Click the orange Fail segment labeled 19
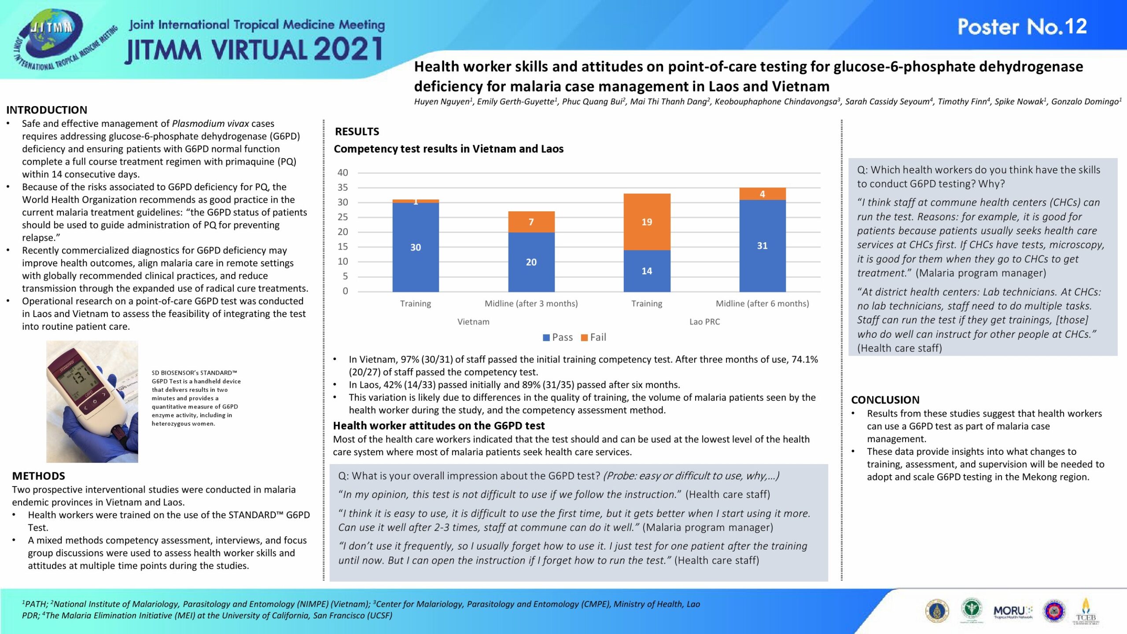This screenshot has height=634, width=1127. pyautogui.click(x=647, y=221)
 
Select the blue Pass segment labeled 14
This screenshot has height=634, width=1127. pyautogui.click(x=647, y=271)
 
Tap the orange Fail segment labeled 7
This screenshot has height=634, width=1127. pyautogui.click(x=531, y=221)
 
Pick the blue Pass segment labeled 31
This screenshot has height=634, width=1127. pyautogui.click(x=762, y=246)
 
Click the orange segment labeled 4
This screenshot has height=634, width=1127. pyautogui.click(x=762, y=194)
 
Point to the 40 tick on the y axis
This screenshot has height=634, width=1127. pyautogui.click(x=343, y=173)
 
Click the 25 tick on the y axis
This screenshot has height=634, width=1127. pyautogui.click(x=343, y=217)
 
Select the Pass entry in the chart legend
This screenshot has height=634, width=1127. pyautogui.click(x=558, y=337)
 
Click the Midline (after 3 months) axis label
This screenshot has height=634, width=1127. pyautogui.click(x=531, y=303)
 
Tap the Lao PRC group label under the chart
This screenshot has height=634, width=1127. pyautogui.click(x=704, y=322)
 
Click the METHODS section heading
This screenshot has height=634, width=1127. pyautogui.click(x=39, y=476)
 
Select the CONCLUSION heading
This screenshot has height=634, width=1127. pyautogui.click(x=885, y=400)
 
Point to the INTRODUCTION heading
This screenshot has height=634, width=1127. pyautogui.click(x=47, y=110)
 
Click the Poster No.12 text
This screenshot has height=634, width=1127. pyautogui.click(x=1022, y=27)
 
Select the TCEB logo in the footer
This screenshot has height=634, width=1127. pyautogui.click(x=1086, y=612)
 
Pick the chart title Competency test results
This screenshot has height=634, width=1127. pyautogui.click(x=448, y=149)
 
